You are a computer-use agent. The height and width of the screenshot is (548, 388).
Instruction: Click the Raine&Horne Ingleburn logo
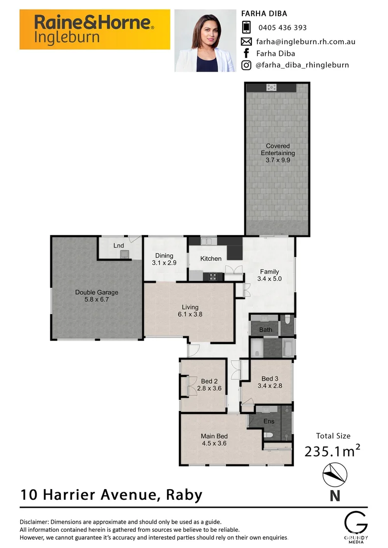click(x=94, y=29)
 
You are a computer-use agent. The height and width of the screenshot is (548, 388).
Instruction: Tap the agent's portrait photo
click(x=205, y=41)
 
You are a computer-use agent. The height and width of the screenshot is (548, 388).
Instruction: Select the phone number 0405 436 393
click(x=282, y=28)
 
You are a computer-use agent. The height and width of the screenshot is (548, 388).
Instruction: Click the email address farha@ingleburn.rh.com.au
click(x=305, y=41)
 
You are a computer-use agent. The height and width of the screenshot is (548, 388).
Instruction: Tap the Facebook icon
click(x=246, y=53)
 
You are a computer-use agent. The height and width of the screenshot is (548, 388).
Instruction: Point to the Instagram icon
click(x=246, y=65)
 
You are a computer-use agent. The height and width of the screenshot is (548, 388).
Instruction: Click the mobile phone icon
click(x=246, y=27)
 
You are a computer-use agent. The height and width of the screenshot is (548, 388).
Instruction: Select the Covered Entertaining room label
click(x=277, y=153)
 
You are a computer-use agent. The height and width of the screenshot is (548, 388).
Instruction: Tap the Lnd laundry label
click(x=118, y=246)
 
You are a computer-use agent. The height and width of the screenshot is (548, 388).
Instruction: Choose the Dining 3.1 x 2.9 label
click(x=164, y=259)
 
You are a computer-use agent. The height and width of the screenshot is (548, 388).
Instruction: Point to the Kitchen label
click(x=211, y=259)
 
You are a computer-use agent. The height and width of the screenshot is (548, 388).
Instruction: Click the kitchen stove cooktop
click(x=213, y=277)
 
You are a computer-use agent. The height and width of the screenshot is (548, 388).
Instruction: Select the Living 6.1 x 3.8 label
click(x=190, y=311)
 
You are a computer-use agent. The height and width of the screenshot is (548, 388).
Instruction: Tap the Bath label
click(x=266, y=330)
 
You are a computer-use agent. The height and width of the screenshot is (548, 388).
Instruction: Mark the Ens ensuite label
click(x=269, y=422)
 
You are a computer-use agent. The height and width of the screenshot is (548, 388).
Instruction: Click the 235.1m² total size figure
click(x=333, y=451)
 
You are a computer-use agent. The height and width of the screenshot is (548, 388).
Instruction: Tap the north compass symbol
click(x=335, y=475)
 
